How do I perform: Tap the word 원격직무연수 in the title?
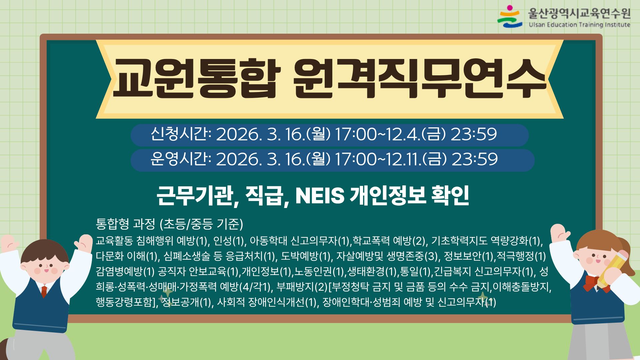(420, 79)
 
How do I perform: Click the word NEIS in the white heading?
(320, 196)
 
